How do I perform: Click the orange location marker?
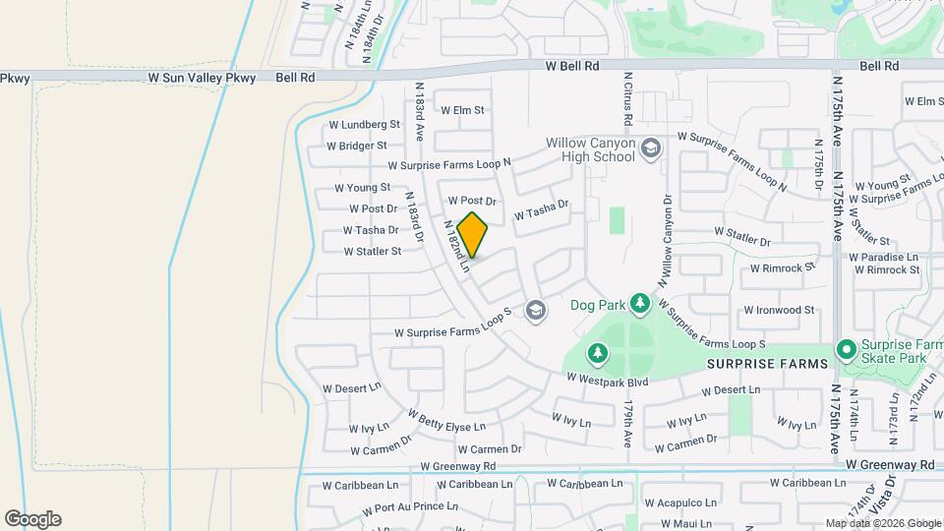473,235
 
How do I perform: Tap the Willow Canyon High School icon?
650,148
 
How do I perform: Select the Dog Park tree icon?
640,302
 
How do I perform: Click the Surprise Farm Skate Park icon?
845,350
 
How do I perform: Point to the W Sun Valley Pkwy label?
202,77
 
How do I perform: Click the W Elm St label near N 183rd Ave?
463,110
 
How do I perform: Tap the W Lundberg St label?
365,125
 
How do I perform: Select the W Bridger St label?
356,146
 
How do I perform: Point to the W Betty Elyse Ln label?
447,421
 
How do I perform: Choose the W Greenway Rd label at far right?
889,464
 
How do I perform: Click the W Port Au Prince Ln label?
410,507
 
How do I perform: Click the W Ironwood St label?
779,310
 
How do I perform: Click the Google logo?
32,518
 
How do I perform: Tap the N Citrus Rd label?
626,104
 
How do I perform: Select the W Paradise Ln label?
886,257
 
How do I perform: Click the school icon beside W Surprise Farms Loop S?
535,312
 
